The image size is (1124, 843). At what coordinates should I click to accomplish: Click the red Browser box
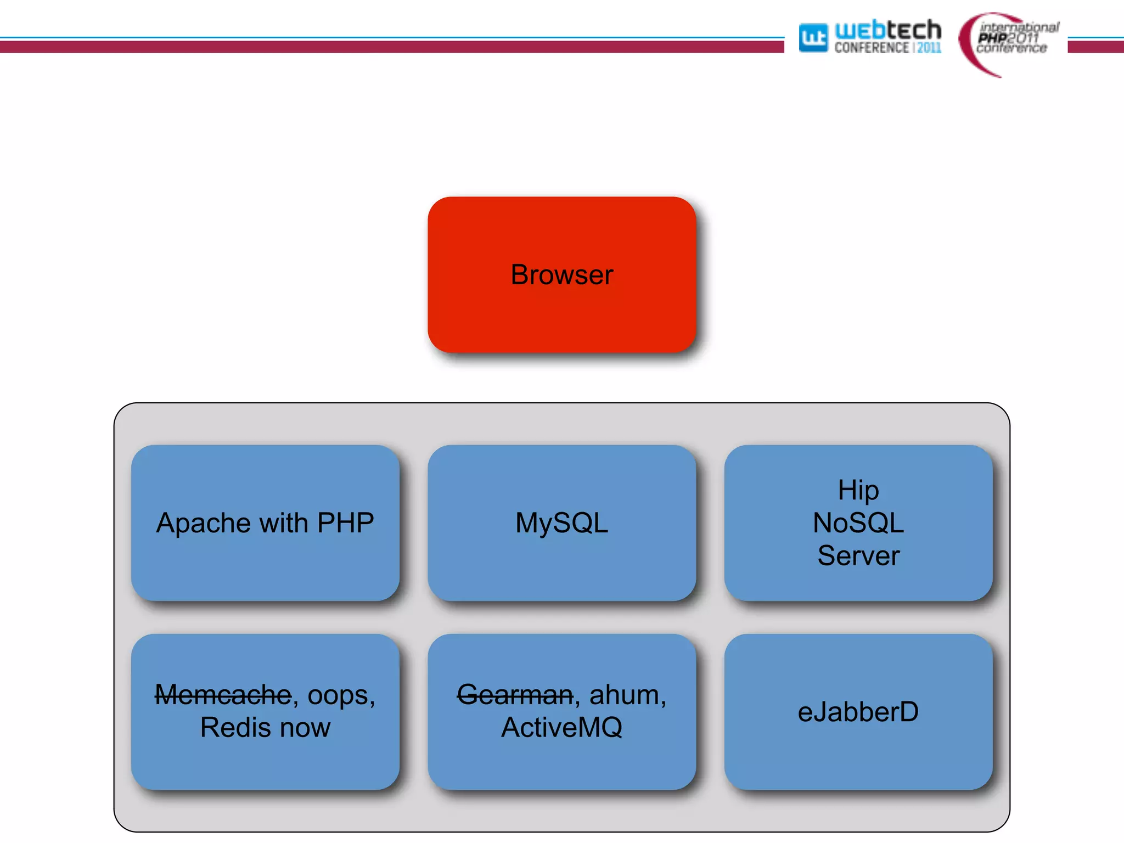[x=561, y=274]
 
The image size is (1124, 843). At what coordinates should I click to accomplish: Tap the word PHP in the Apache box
[x=345, y=522]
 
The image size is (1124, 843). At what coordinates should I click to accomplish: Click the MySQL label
[x=561, y=522]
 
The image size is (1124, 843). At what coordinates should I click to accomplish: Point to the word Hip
[x=858, y=490]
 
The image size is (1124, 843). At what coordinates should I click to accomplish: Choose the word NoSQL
[x=858, y=522]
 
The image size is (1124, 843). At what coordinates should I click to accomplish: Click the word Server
[x=858, y=555]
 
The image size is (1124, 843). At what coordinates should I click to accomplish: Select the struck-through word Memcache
[x=223, y=695]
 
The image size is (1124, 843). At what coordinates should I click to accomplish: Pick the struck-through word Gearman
[x=515, y=695]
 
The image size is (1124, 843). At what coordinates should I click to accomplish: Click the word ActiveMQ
[x=561, y=728]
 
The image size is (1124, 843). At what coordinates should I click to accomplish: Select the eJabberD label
[x=858, y=712]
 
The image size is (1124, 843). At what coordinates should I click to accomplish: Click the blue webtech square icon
[x=813, y=37]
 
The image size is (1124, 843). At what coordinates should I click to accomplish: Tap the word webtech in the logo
[x=887, y=30]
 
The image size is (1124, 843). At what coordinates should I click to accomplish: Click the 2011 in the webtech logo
[x=929, y=48]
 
